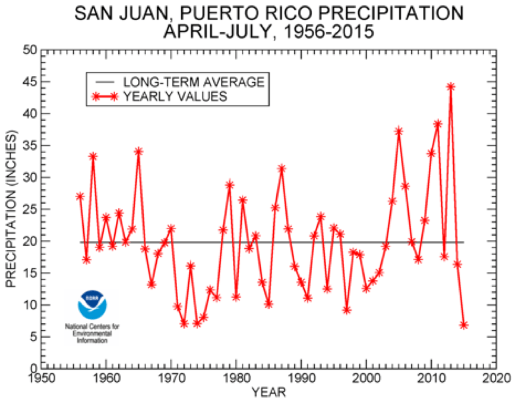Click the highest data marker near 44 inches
[x=451, y=86]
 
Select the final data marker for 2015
[x=464, y=325]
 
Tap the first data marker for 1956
[x=80, y=196]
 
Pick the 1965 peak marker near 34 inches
[x=138, y=151]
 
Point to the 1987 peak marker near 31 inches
[x=282, y=168]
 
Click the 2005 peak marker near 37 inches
[x=399, y=131]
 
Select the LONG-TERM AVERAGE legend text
[x=194, y=82]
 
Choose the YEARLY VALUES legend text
[x=175, y=96]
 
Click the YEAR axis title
[x=268, y=392]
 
